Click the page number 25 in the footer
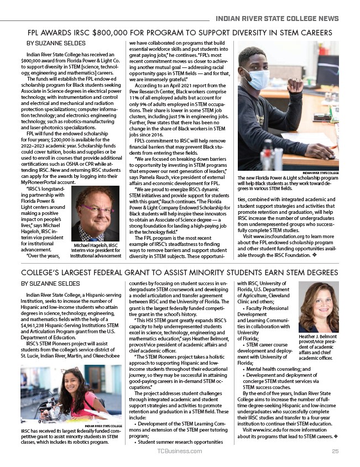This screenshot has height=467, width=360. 335,452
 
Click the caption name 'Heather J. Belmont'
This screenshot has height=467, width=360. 318,336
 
